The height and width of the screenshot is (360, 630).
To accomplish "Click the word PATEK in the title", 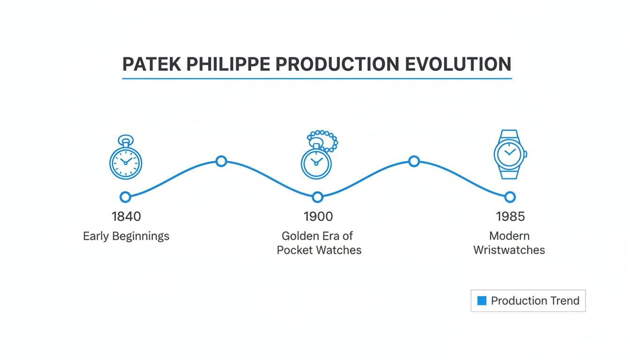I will pos(148,64).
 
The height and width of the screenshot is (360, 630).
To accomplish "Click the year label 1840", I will pos(126,217).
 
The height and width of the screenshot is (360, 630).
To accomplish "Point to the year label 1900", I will pos(318,217).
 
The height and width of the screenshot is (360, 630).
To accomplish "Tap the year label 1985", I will pos(510,217).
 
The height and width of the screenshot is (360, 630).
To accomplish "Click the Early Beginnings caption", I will pos(126,236).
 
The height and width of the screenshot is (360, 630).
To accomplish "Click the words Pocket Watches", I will pos(319,250).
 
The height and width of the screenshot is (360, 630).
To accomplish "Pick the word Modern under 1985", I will pos(509,236).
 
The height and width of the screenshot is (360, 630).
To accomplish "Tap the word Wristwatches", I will pos(509,250).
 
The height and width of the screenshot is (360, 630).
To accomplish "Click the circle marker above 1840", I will pos(125,197).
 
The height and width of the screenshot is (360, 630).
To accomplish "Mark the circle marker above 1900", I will pos(318,197).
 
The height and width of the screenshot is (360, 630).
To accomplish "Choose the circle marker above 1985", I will pos(510,197).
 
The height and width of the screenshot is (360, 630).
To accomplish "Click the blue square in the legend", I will pos(481,301).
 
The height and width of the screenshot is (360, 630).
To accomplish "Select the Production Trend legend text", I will pos(535,301).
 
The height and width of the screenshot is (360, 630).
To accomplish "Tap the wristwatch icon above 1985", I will pos(510,154).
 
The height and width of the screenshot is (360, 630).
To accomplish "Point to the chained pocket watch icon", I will pos(318,156).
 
